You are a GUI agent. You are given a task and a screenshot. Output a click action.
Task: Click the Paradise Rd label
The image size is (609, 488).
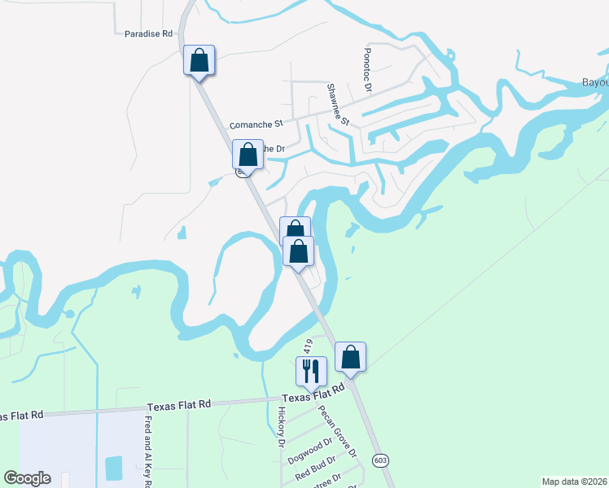point(149,34)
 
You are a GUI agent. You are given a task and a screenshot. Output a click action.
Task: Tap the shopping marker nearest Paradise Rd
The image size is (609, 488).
point(199,61)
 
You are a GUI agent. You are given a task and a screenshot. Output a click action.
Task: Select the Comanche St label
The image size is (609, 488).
point(256,125)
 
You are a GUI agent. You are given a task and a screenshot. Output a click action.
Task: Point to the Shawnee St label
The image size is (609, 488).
point(338,105)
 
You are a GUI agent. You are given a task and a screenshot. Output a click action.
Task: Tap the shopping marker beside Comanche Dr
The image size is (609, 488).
point(248,155)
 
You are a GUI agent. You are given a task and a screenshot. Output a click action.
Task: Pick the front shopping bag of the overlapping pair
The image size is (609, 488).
point(299,251)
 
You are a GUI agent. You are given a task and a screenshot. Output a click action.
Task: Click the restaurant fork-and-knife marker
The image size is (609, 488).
point(311,371)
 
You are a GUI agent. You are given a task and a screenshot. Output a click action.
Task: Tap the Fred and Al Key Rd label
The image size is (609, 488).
point(148,452)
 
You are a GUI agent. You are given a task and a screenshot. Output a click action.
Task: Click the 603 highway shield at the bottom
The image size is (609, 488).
point(380,460)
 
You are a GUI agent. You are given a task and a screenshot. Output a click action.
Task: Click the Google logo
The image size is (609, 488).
point(27,478)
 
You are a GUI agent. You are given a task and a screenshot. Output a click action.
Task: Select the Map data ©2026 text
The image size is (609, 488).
point(574,481)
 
